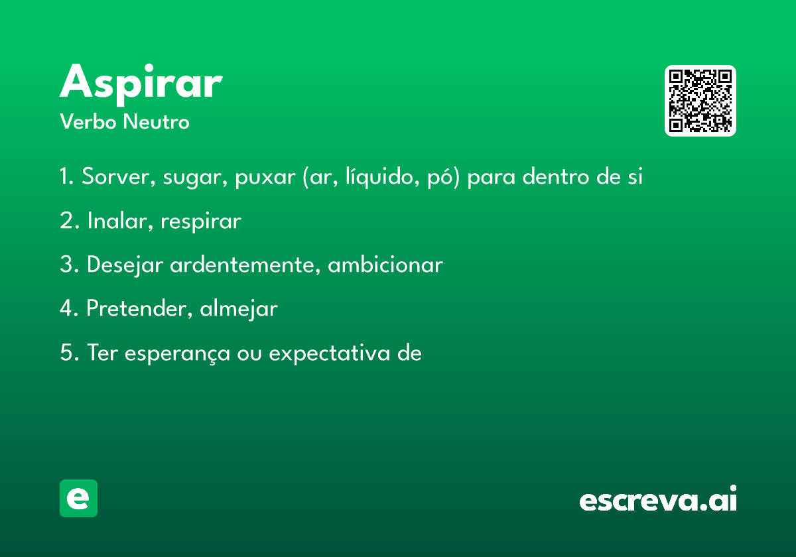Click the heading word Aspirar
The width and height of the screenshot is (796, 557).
[141, 84]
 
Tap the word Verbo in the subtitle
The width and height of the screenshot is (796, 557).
[88, 121]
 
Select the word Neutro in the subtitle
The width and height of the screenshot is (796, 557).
[157, 121]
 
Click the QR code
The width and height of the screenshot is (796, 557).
[700, 101]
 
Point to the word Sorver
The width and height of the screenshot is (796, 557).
[118, 176]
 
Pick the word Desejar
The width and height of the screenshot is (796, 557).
[125, 265]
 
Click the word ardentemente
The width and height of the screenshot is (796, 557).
[245, 265]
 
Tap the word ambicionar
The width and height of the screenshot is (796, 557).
[385, 265]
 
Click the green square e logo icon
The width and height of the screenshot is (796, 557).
[78, 498]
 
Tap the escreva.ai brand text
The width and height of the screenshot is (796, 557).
[658, 499]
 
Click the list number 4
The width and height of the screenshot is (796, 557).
[66, 308]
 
